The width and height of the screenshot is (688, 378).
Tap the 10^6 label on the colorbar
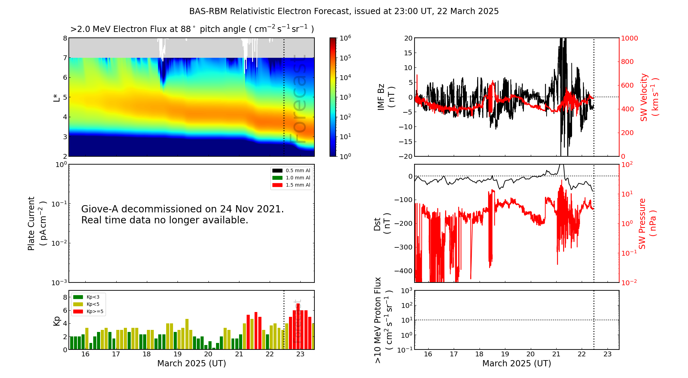(345, 38)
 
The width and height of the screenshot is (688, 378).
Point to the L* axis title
(56, 97)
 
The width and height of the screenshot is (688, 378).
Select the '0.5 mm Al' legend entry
(291, 170)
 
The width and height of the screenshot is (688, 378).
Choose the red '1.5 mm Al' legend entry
(291, 185)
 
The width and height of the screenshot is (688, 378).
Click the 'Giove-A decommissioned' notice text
(183, 214)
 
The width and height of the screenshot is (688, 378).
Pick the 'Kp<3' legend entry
(86, 297)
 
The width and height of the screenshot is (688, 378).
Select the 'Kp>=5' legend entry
(88, 312)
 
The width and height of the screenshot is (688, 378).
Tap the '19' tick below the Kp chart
(178, 354)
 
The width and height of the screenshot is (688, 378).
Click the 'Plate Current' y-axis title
(36, 223)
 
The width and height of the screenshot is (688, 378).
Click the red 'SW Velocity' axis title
(649, 97)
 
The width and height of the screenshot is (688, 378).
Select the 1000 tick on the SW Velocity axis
(629, 38)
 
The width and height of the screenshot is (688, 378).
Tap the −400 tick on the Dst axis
(403, 271)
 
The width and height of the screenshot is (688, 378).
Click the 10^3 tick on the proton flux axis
(406, 291)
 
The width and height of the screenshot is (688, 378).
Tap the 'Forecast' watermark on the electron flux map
(298, 99)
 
